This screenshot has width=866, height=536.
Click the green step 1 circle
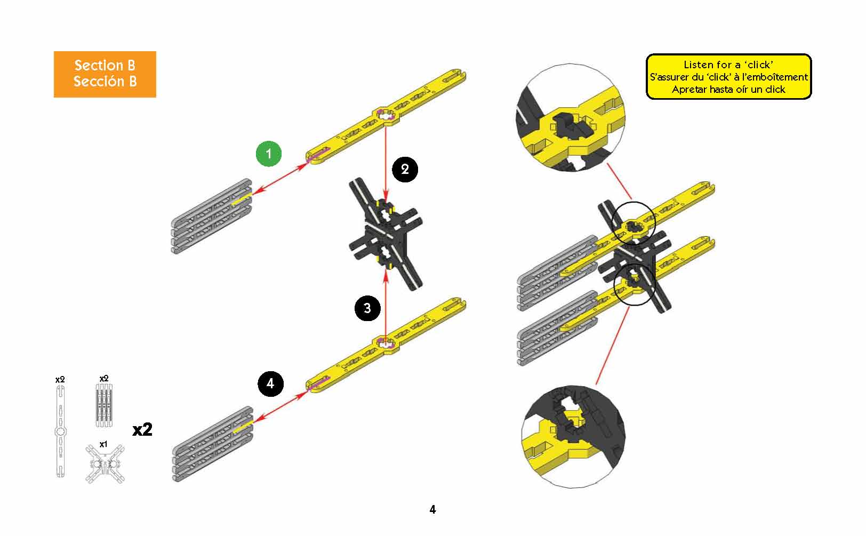[x=269, y=154]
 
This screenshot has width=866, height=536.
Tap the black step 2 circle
[x=405, y=170]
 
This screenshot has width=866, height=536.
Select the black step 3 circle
[x=367, y=308]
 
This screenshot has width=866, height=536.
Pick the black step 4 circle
[x=270, y=383]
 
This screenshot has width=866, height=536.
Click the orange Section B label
[x=105, y=74]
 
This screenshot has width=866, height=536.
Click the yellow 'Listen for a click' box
[x=729, y=77]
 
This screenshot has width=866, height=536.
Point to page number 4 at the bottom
[x=432, y=510]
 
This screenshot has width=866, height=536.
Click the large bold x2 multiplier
[x=142, y=430]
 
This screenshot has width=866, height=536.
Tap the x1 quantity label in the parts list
[x=103, y=444]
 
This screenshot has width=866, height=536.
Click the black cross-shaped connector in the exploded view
[x=386, y=234]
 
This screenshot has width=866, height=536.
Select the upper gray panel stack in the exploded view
[x=212, y=216]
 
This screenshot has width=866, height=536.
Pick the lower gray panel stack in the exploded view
[x=212, y=444]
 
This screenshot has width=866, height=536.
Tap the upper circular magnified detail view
[x=571, y=117]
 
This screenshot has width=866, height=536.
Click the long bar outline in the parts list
[x=61, y=431]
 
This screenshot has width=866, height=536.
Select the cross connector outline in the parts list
[x=105, y=464]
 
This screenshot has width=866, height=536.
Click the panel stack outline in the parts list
[x=104, y=405]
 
